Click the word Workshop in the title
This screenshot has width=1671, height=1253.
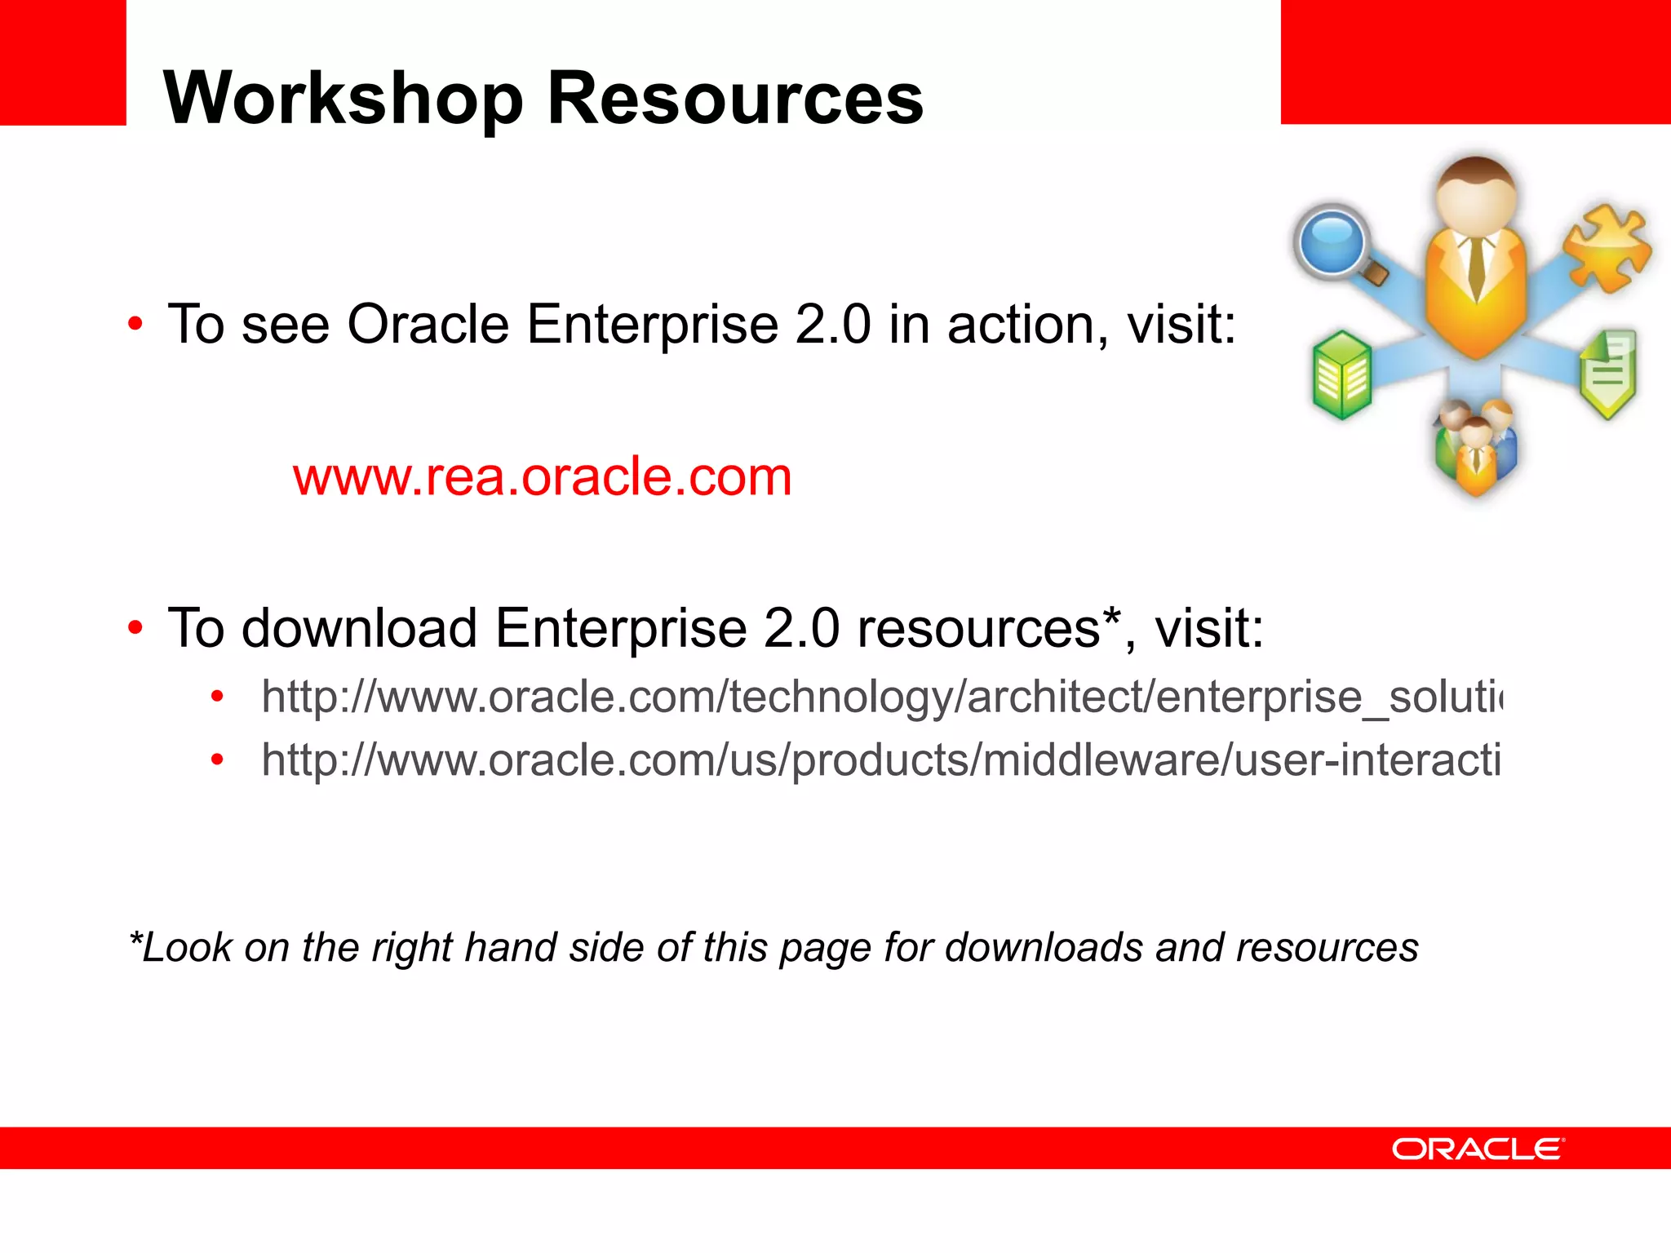pyautogui.click(x=343, y=100)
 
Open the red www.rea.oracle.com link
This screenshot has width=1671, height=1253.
pyautogui.click(x=543, y=476)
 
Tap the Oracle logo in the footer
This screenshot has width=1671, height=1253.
pyautogui.click(x=1478, y=1149)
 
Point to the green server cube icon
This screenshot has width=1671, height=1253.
pyautogui.click(x=1341, y=375)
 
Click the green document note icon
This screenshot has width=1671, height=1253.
pyautogui.click(x=1608, y=372)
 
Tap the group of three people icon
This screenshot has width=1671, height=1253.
pyautogui.click(x=1475, y=449)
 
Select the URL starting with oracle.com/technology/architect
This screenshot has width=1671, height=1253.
pyautogui.click(x=881, y=697)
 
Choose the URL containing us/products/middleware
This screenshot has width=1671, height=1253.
pyautogui.click(x=881, y=760)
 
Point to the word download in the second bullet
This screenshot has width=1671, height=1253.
pyautogui.click(x=359, y=628)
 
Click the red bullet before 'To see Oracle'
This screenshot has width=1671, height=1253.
pyautogui.click(x=135, y=325)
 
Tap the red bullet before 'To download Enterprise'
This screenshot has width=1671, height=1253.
pyautogui.click(x=135, y=628)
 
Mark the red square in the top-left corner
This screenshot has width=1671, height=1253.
pyautogui.click(x=62, y=62)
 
